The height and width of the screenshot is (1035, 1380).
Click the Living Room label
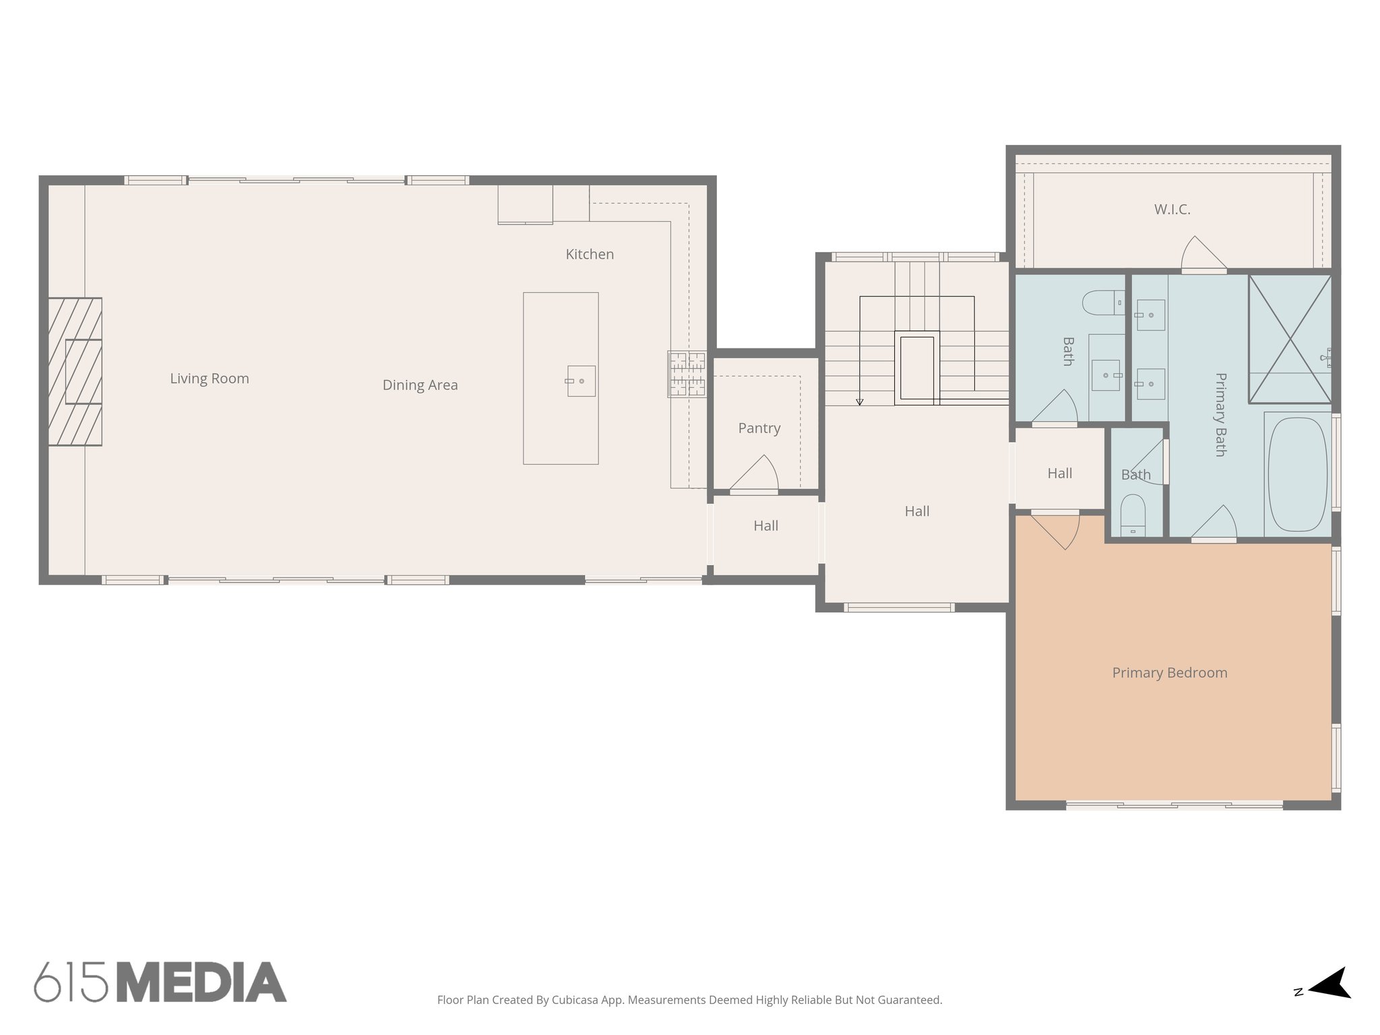point(209,379)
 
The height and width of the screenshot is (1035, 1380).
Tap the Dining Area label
point(420,385)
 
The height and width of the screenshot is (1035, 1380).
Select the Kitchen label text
point(590,255)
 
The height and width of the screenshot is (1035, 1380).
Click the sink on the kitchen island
point(581,381)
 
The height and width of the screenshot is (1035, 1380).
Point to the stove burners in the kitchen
point(687,374)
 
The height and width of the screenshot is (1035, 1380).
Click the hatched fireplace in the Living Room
point(75,372)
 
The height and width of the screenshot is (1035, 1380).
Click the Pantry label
point(759,429)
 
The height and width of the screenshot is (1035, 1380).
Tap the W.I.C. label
point(1172,210)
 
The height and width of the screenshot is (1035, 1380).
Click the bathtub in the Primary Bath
point(1297,474)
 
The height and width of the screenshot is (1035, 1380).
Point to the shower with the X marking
point(1290,339)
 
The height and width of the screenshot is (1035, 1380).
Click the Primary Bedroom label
point(1169,673)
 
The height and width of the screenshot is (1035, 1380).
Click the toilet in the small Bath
point(1133,515)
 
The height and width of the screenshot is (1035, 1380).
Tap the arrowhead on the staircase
point(859,402)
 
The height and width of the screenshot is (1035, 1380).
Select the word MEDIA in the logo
point(201,982)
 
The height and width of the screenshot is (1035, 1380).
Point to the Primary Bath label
point(1220,415)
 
